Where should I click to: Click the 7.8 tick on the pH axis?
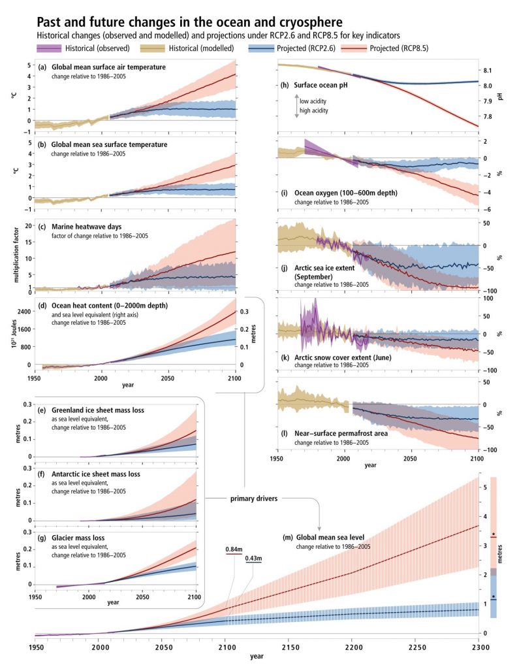(x=493, y=117)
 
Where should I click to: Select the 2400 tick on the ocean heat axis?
(x=24, y=312)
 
